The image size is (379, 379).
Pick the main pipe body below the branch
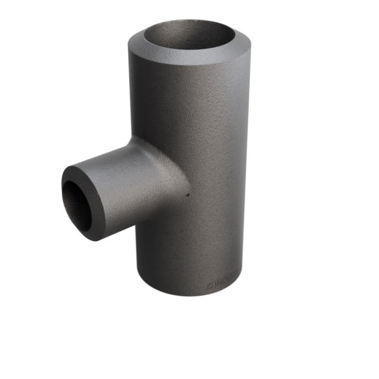pos(189,249)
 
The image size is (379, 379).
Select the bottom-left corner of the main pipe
pos(140,278)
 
